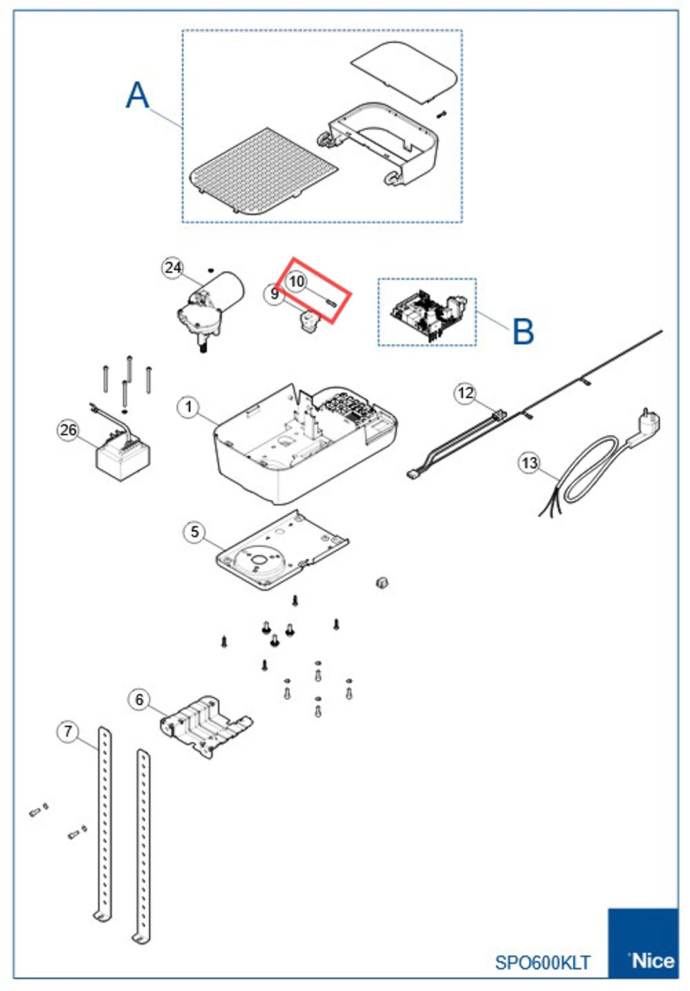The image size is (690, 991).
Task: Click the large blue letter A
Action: pos(138,96)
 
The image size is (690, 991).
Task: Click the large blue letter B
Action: pos(523,332)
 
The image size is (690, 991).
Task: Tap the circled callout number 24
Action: pos(172,268)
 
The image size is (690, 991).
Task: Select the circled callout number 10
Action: pos(296,281)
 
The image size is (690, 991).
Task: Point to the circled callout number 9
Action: pos(274,294)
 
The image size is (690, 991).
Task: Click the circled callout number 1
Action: pos(188,407)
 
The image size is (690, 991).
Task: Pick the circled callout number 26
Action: pos(68,430)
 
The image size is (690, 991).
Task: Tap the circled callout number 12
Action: pos(465,393)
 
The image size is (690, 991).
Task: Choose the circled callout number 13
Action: pos(529,464)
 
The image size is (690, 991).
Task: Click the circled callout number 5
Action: pos(195,532)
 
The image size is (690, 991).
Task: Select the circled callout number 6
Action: pos(140,700)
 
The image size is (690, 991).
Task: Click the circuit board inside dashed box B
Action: pos(428,313)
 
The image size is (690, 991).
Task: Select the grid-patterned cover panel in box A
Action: pos(264,171)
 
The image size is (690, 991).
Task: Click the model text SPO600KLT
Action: pos(542,963)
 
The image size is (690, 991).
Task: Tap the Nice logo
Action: pos(652,961)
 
